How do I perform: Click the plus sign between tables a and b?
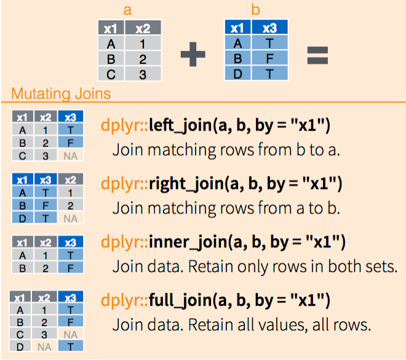coord(193,54)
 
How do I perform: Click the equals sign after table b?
coord(317,55)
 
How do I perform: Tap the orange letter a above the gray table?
coord(127,10)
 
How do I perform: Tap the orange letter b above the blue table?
coord(255,10)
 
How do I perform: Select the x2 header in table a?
coord(143,28)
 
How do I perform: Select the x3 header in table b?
coord(269,27)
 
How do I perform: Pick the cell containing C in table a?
coord(111,74)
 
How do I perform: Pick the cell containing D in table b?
coord(237,73)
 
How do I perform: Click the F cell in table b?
coord(269,58)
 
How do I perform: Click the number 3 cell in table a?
coord(143,74)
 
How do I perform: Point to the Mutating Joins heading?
coord(61,94)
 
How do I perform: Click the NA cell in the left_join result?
coord(70,156)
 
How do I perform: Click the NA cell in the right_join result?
coord(70,218)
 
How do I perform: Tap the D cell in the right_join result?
coord(23,218)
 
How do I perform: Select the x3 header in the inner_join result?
coord(70,242)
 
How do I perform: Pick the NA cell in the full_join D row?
coord(44,346)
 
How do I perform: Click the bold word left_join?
coord(180,126)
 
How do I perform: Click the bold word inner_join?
coord(188,242)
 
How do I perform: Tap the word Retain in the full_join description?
coord(210,324)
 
